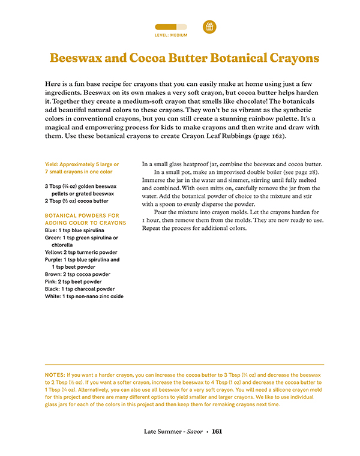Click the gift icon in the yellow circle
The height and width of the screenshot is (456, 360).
(x=209, y=26)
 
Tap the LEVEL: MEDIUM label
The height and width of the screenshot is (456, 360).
(x=171, y=35)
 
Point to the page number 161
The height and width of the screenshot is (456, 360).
(x=217, y=431)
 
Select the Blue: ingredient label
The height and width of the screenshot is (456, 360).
(x=52, y=230)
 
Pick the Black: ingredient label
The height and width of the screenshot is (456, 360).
(x=53, y=289)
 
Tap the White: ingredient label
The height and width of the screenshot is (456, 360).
(x=54, y=296)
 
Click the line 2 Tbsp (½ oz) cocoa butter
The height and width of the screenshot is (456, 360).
(x=76, y=200)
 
